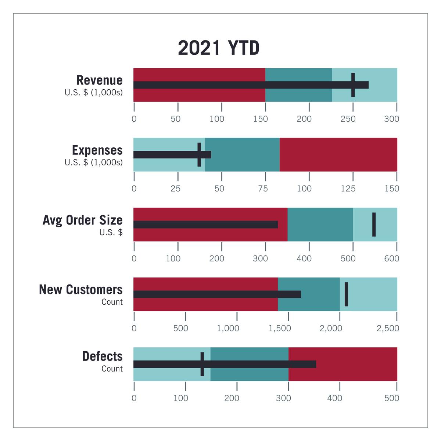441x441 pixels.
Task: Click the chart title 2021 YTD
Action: [x=219, y=49]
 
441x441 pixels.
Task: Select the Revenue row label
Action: [x=99, y=80]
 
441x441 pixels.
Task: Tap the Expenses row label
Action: [x=97, y=150]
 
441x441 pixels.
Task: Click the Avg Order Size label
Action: [x=82, y=220]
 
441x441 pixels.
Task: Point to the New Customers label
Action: [x=80, y=290]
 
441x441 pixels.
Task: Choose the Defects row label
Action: [x=102, y=356]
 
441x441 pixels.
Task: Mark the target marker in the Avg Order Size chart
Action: [x=374, y=225]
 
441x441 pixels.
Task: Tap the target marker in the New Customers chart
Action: [x=346, y=294]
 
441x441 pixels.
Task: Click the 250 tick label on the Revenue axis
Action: [x=348, y=119]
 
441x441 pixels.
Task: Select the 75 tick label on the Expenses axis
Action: [x=263, y=189]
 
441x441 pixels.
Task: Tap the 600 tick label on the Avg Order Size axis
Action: [x=391, y=259]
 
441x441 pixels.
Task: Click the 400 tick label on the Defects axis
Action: [x=334, y=398]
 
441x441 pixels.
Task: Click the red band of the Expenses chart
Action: [x=338, y=154]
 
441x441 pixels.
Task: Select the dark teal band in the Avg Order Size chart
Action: [x=320, y=225]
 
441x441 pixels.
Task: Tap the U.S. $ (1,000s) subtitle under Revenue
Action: [x=94, y=93]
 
